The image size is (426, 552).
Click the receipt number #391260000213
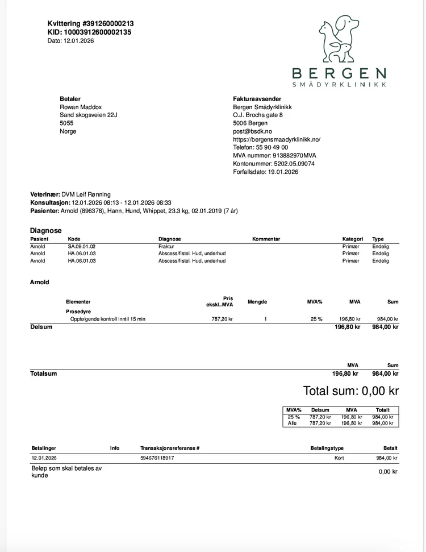(x=108, y=24)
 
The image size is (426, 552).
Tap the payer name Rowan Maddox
(x=81, y=107)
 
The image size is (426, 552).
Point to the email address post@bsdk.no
(x=252, y=131)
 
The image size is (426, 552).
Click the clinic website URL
(x=277, y=139)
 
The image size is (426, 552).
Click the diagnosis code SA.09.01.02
(x=82, y=247)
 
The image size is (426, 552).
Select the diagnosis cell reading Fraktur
(x=167, y=247)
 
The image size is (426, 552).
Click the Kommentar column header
(x=266, y=239)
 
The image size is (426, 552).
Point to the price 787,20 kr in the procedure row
(x=222, y=319)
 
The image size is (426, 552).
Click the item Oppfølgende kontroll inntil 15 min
(x=108, y=319)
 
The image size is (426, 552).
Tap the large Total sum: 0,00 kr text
(x=350, y=391)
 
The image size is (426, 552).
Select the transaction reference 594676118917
(x=157, y=458)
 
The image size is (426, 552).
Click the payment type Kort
(x=339, y=458)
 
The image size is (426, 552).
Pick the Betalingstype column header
(x=327, y=448)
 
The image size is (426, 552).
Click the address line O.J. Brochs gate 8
(x=258, y=115)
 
